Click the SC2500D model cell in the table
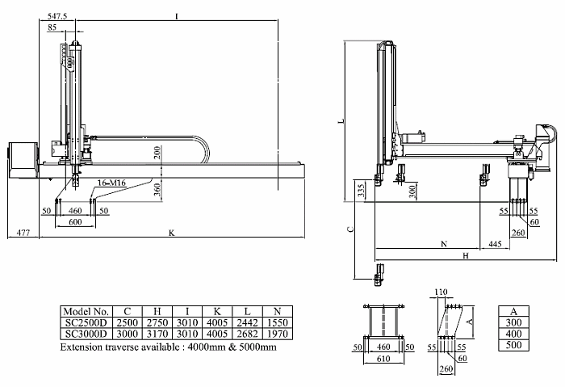pyautogui.click(x=86, y=322)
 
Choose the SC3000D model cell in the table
pyautogui.click(x=86, y=333)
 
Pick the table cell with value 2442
pyautogui.click(x=244, y=322)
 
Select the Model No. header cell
pyautogui.click(x=86, y=310)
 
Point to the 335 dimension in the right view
pyautogui.click(x=360, y=191)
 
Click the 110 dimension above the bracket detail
pyautogui.click(x=441, y=292)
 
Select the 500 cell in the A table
pyautogui.click(x=512, y=345)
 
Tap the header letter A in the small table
pyautogui.click(x=512, y=310)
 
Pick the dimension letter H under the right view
pyautogui.click(x=466, y=255)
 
